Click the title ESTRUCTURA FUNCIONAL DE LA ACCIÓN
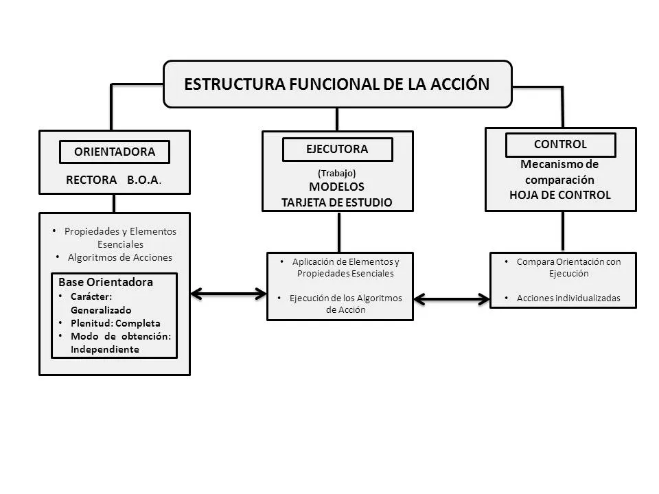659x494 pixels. click(x=337, y=84)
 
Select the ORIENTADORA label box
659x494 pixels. click(x=115, y=152)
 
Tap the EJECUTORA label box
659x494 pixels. click(x=337, y=149)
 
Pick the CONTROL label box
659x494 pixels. click(x=560, y=145)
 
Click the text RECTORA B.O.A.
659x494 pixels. click(x=114, y=181)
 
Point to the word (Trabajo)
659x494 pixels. click(x=337, y=174)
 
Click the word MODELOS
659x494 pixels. click(x=337, y=187)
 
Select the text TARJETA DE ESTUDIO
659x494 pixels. click(x=337, y=202)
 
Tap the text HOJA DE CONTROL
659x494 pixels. click(x=560, y=195)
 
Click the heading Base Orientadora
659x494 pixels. click(x=106, y=282)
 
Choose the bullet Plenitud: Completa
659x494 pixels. click(x=115, y=323)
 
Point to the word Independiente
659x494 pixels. click(x=105, y=349)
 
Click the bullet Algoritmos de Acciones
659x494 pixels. click(x=120, y=257)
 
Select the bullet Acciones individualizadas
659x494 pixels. click(x=568, y=298)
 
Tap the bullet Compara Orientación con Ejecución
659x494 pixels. click(x=568, y=267)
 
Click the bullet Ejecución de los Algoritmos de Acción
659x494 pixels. click(x=345, y=303)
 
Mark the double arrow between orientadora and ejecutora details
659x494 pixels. click(x=228, y=294)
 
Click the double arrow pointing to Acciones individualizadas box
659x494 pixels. click(x=452, y=299)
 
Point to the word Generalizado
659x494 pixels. click(x=101, y=310)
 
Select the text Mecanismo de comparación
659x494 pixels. click(x=560, y=172)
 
